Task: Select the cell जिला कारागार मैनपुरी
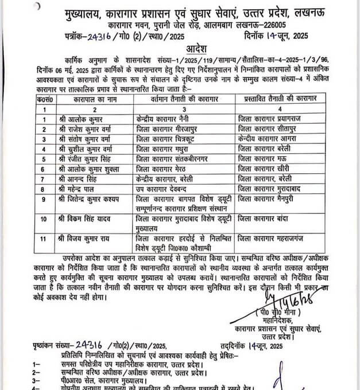(x=270, y=199)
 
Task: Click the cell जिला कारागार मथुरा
(x=162, y=149)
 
